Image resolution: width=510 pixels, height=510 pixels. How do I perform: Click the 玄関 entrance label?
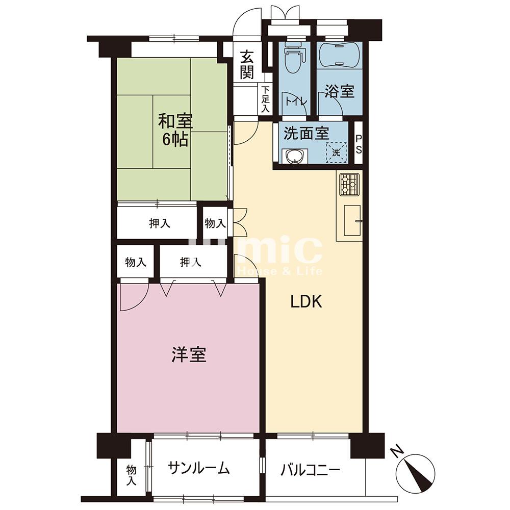click(x=247, y=65)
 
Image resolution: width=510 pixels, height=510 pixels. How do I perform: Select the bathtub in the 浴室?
click(x=339, y=55)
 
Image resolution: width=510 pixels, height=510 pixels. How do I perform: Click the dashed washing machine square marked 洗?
click(x=336, y=152)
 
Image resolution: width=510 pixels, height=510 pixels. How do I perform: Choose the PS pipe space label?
click(x=358, y=144)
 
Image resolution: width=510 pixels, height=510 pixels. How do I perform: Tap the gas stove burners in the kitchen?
click(x=349, y=185)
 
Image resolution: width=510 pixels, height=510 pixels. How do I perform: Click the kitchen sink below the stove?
click(x=352, y=220)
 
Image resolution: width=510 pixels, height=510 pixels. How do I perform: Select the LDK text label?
click(x=306, y=302)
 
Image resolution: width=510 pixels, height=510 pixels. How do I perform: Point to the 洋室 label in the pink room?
click(x=189, y=354)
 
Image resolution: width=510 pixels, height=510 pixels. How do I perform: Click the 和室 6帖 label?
click(x=175, y=130)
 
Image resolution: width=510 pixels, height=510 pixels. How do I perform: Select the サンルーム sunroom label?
click(x=199, y=468)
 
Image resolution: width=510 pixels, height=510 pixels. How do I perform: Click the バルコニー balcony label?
click(x=310, y=470)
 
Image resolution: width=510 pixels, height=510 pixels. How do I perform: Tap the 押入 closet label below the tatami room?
click(x=159, y=223)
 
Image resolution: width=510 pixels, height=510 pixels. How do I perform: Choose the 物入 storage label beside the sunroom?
click(x=132, y=475)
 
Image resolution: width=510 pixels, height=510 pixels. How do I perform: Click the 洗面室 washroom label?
click(x=307, y=133)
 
